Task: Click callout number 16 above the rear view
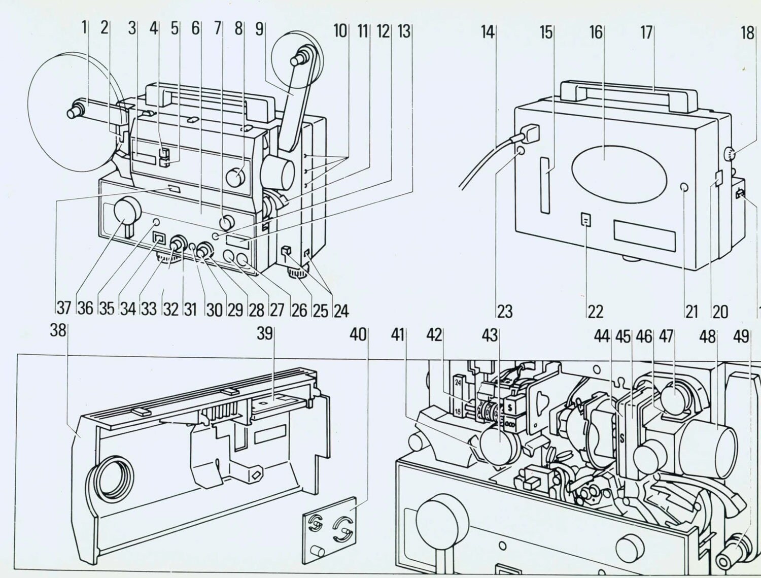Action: [x=596, y=32]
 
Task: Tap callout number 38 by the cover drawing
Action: [x=58, y=331]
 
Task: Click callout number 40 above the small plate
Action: [x=358, y=334]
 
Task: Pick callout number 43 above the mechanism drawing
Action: [x=490, y=335]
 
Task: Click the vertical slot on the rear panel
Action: [x=545, y=185]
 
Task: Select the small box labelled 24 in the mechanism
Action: [x=458, y=383]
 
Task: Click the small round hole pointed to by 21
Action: [x=684, y=188]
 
